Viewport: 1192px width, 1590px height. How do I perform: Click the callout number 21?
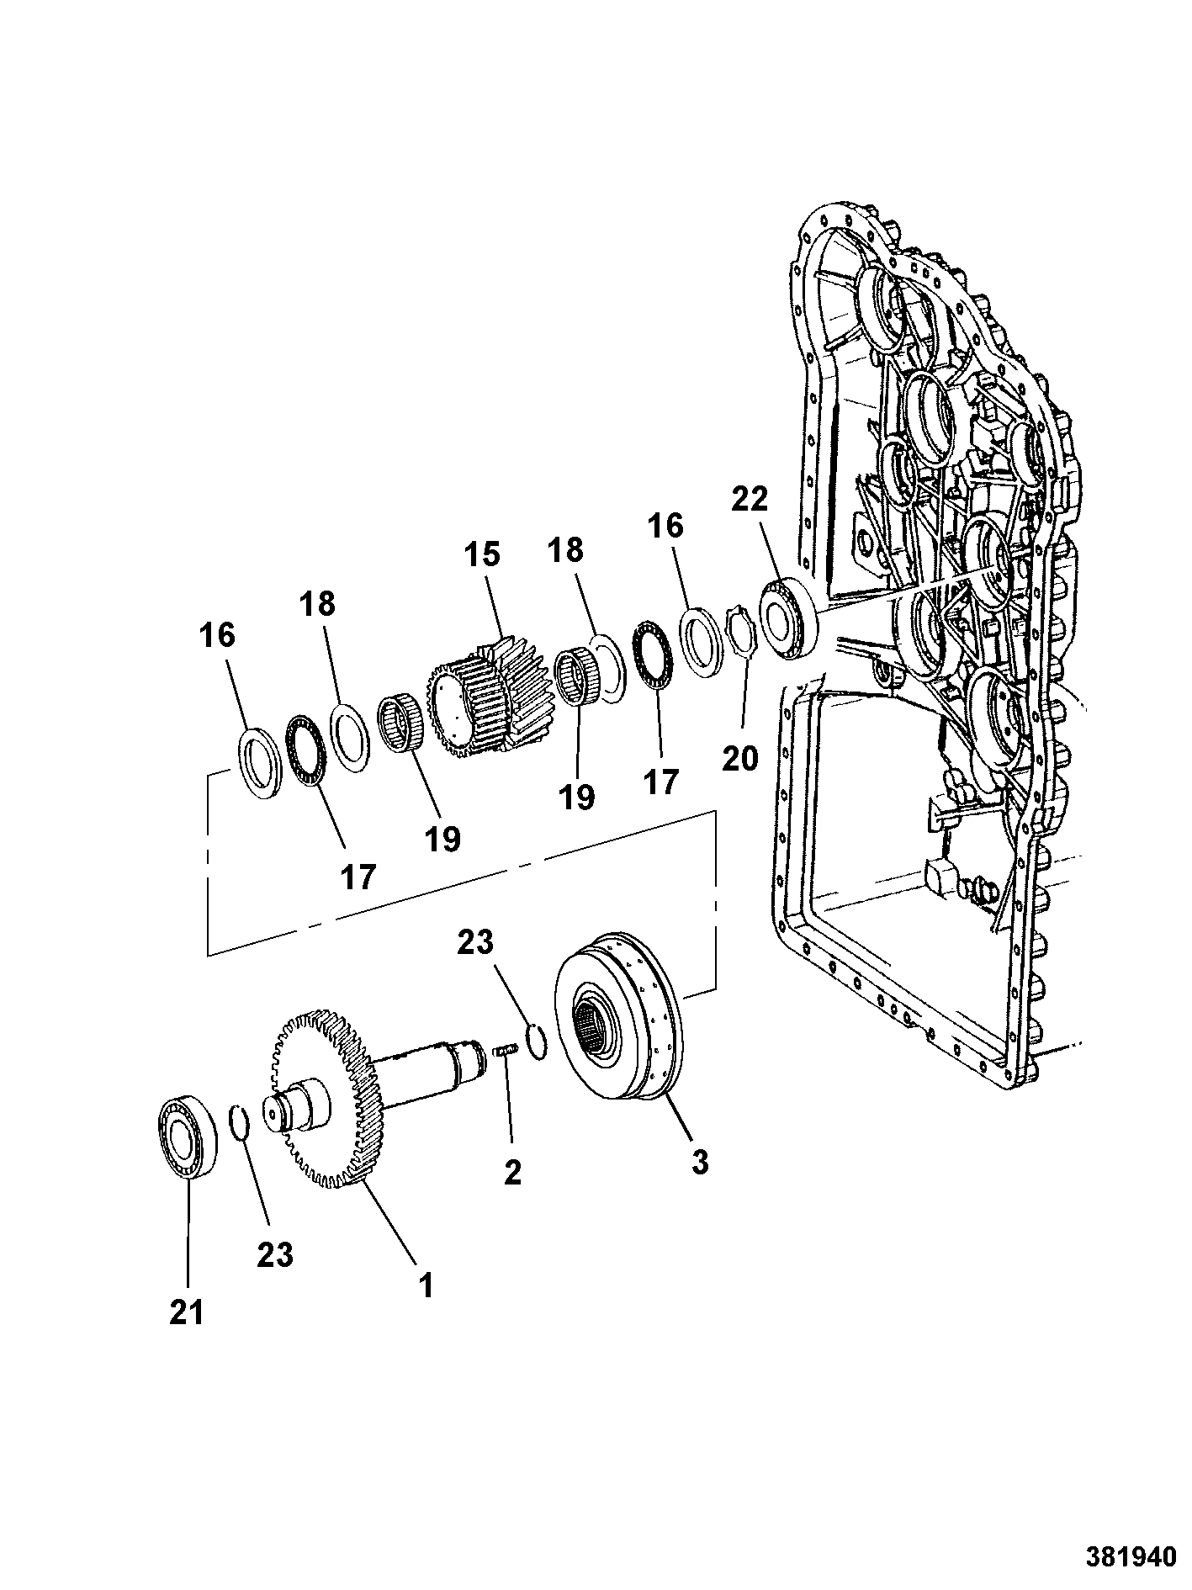point(187,1312)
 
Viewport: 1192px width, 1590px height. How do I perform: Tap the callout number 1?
point(426,1285)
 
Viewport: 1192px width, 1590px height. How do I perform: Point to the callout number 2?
point(512,1172)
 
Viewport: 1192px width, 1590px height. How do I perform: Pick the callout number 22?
point(750,500)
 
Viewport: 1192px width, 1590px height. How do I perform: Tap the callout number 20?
point(740,758)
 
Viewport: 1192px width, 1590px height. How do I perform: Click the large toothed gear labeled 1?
point(328,1098)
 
